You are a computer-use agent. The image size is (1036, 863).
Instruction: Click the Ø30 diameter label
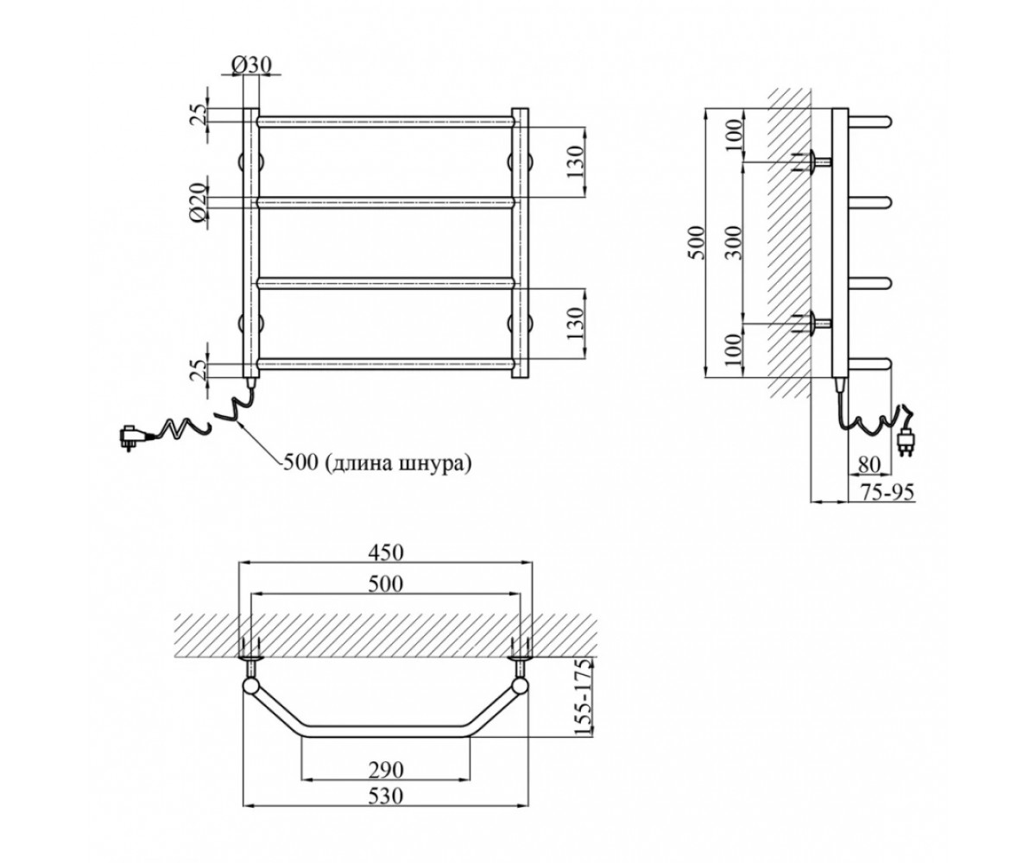251,65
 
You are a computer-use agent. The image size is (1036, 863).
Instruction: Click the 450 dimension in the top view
386,552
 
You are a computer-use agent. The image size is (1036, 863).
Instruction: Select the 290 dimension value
386,771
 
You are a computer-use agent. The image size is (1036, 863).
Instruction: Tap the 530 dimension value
386,796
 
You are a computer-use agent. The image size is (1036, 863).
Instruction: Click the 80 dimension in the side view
869,465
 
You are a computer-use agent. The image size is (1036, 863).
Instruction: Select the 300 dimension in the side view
733,243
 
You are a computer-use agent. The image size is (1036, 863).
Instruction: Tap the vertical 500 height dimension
697,243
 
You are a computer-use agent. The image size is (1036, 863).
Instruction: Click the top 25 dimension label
198,116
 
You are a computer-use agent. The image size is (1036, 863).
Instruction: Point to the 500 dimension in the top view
386,583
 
